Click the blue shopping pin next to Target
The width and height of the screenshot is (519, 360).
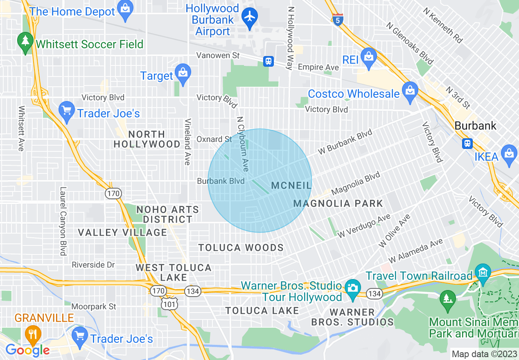click(183, 73)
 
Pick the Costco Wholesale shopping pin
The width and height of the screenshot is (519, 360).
click(410, 91)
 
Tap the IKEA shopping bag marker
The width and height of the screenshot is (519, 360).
click(509, 154)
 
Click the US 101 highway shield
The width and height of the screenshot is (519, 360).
click(167, 304)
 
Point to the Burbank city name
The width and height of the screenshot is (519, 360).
click(476, 126)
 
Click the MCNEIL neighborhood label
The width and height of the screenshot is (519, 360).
click(291, 186)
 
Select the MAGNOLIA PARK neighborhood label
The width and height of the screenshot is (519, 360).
click(338, 203)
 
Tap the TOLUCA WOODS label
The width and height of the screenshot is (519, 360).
click(241, 248)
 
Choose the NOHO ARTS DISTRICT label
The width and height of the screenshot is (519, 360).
click(168, 214)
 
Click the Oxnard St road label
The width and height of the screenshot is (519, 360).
click(214, 139)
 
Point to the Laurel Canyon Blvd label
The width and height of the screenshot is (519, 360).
click(63, 221)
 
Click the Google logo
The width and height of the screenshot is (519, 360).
click(27, 350)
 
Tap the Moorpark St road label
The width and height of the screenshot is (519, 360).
click(94, 306)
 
